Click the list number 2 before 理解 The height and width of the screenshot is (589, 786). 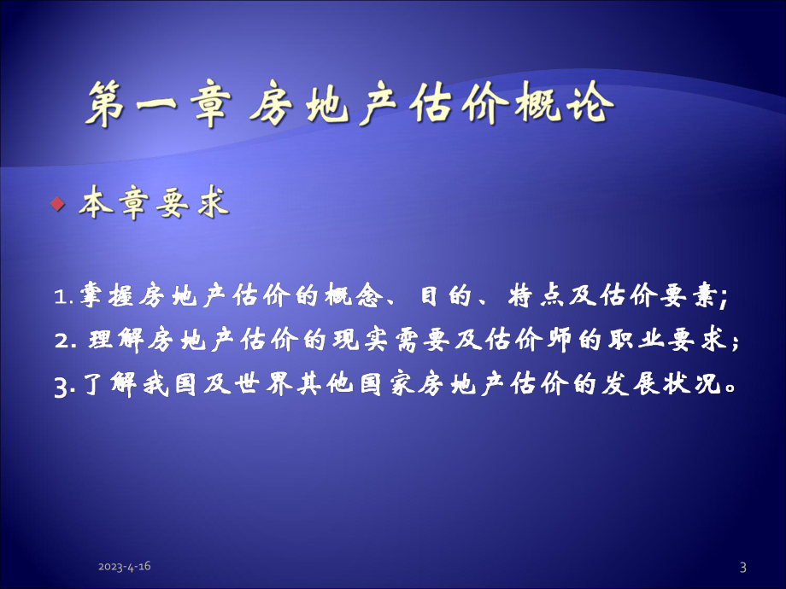pyautogui.click(x=61, y=341)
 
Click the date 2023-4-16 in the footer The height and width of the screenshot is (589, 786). pyautogui.click(x=131, y=567)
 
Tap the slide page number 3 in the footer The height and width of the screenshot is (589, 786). pyautogui.click(x=742, y=567)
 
